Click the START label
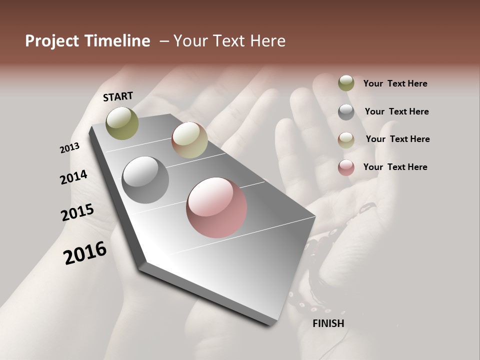118,96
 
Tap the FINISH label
328,323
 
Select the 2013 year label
70,148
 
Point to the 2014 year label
73,177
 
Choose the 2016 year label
85,253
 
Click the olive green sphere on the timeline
122,123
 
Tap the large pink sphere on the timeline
216,207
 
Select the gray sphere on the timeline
145,180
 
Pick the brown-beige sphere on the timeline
189,140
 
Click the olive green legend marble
346,83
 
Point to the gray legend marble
346,112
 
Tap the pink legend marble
346,167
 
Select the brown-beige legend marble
346,140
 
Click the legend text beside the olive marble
395,83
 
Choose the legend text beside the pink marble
395,167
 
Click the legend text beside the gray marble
396,111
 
